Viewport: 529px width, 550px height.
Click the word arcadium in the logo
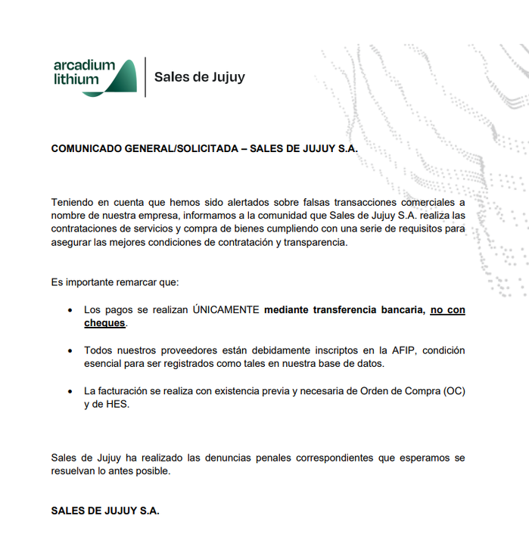point(84,66)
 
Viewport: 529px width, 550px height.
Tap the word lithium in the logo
point(76,79)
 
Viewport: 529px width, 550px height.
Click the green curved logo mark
point(122,78)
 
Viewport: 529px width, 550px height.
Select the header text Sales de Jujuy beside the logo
point(199,77)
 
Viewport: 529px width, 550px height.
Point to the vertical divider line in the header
point(145,76)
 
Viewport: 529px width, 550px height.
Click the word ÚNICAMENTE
point(226,310)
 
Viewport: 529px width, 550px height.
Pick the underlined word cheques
point(104,323)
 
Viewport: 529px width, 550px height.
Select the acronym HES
point(118,405)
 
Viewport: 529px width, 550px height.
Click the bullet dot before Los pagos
point(70,310)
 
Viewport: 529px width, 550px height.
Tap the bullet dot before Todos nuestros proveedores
point(70,351)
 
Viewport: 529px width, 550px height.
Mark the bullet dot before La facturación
point(70,391)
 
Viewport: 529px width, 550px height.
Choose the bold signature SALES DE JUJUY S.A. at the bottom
point(105,511)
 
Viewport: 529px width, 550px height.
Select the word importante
point(91,283)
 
